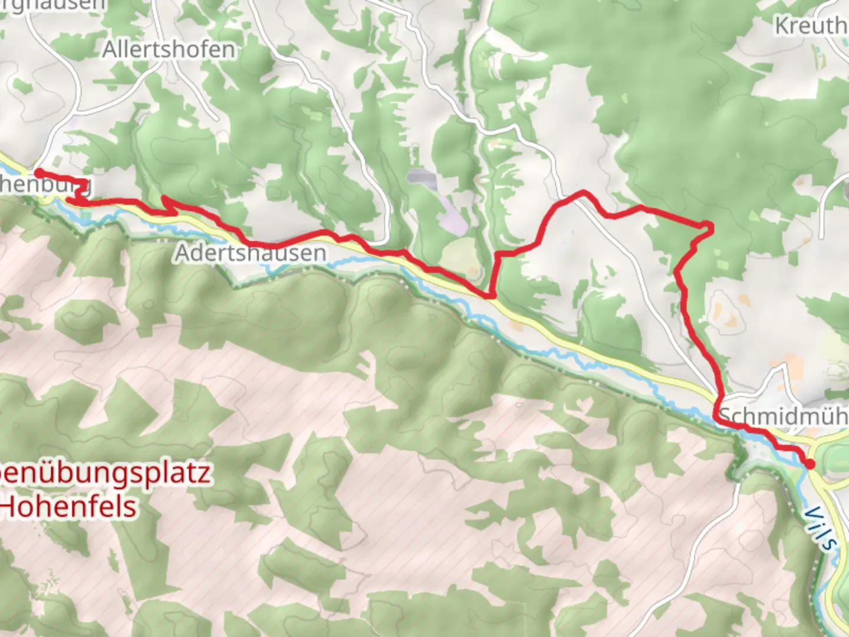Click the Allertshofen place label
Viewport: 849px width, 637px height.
click(169, 50)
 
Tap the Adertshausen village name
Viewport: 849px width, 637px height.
click(251, 253)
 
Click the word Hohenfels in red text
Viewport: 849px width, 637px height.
click(70, 507)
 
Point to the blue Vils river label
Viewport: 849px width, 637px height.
click(820, 528)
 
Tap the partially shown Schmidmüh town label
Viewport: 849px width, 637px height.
click(784, 416)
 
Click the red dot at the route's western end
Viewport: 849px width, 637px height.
click(38, 173)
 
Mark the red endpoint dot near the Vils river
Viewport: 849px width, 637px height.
click(809, 464)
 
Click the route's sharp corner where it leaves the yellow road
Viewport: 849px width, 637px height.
click(490, 294)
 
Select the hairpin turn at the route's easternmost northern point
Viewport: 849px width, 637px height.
click(709, 226)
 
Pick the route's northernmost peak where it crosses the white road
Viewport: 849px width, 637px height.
click(583, 192)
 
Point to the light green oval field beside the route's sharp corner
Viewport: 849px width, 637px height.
click(460, 257)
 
